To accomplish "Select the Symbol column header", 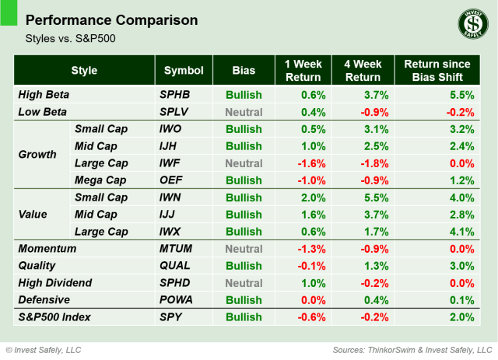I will point(183,70).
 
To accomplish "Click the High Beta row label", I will point(44,94).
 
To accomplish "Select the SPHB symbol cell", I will point(175,94).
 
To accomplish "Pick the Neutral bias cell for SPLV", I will point(244,111).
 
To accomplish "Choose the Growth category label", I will point(37,154).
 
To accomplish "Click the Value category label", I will point(33,214).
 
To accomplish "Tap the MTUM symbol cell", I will point(176,248).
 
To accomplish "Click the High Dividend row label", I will point(54,282).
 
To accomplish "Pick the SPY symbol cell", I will point(171,316).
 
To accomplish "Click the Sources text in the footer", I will point(411,349).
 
